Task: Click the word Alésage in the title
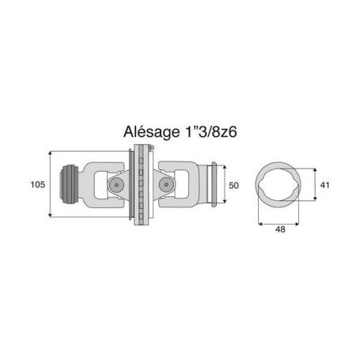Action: (x=151, y=131)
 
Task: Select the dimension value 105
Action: (x=38, y=184)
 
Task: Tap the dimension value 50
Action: (x=233, y=185)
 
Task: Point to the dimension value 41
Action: (x=324, y=185)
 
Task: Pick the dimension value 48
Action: (x=280, y=229)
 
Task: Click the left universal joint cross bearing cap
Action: (x=116, y=184)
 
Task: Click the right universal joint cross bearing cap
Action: (x=166, y=184)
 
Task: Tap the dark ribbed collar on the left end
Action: (x=68, y=184)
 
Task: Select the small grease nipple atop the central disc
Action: (x=150, y=148)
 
